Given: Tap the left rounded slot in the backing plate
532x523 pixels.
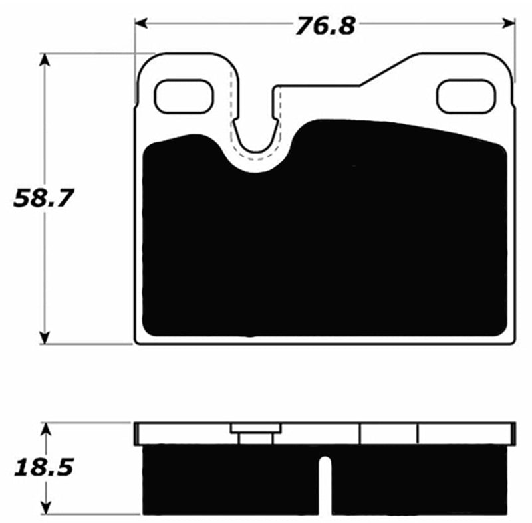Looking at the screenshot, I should [184, 96].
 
